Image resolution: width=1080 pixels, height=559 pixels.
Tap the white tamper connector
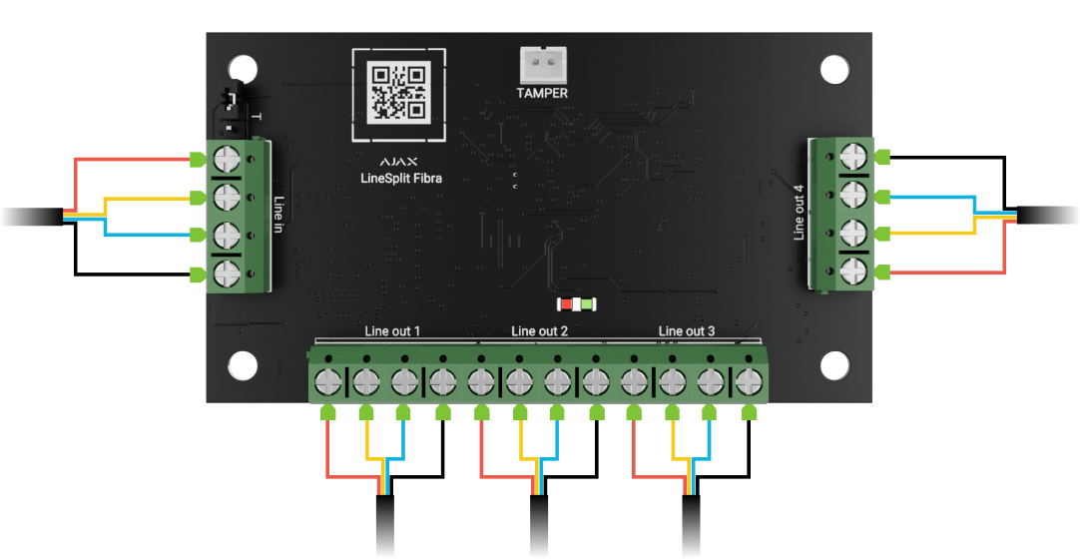click(543, 66)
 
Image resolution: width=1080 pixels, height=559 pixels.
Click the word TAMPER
click(542, 93)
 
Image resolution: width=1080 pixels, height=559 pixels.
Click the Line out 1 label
click(392, 330)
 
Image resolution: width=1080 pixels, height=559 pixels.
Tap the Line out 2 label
click(539, 330)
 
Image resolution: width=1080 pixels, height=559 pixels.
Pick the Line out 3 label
click(687, 330)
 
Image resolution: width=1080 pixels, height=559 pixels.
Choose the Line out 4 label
click(798, 212)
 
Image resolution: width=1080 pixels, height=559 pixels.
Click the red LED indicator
click(566, 302)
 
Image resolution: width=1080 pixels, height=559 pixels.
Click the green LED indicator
click(588, 302)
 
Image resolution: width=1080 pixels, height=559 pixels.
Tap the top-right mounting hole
click(833, 70)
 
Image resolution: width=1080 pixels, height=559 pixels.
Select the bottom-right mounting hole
click(833, 364)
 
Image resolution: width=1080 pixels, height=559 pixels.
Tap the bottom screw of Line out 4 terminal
click(854, 271)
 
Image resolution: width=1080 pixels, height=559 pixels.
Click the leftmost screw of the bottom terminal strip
click(327, 380)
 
